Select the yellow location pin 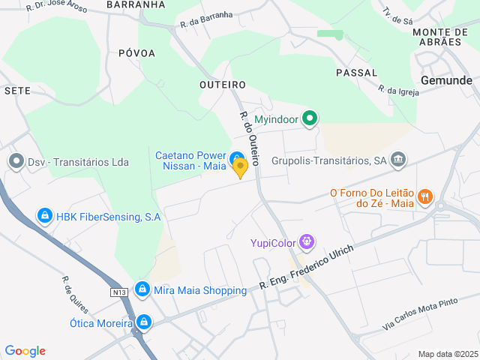[240, 168]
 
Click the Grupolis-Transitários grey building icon [398, 159]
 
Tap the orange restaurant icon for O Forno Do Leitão [425, 197]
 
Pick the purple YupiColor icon [306, 241]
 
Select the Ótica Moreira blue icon [143, 323]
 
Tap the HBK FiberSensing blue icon [45, 217]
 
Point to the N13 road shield [118, 291]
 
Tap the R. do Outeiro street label [249, 138]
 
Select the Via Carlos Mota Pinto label [420, 309]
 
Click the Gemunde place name [447, 80]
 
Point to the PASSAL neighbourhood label [356, 72]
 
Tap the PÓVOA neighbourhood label [136, 53]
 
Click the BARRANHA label [135, 4]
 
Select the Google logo [25, 351]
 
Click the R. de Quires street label [75, 295]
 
